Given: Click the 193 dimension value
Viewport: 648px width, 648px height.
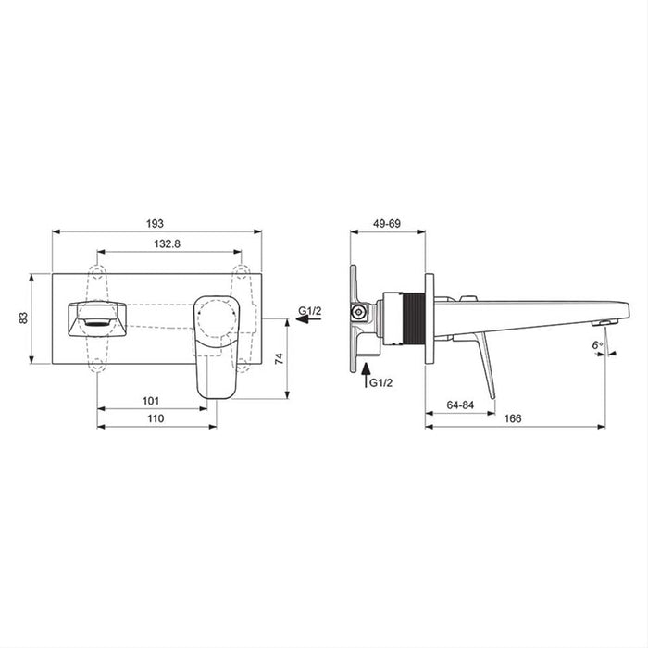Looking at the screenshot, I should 155,223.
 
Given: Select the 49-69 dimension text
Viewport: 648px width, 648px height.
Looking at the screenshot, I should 387,223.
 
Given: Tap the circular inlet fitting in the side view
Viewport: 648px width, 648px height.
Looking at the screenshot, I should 356,313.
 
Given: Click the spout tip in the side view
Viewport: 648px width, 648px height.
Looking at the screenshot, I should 606,317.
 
